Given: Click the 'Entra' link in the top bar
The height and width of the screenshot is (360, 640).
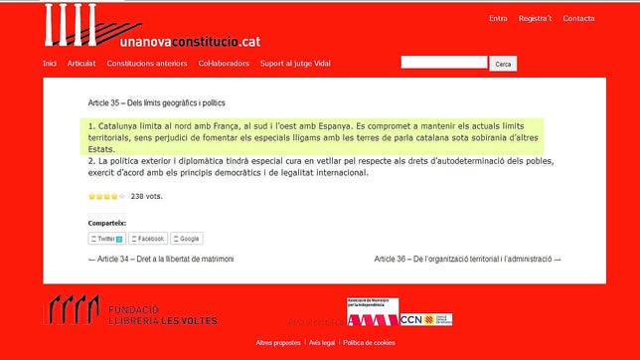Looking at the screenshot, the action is click(x=498, y=18).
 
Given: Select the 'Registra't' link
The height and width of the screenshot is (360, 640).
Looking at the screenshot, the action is click(x=535, y=18).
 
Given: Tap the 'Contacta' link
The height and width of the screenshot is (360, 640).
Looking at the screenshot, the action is click(x=578, y=18).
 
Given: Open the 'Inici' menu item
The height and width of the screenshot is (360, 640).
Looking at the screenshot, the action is click(x=50, y=64).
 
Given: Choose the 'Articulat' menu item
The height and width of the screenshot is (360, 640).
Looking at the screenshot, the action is click(x=81, y=64).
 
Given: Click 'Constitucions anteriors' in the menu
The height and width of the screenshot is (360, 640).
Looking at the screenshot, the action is click(x=147, y=64).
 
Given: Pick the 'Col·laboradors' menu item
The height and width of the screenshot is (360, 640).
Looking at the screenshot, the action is click(x=223, y=64).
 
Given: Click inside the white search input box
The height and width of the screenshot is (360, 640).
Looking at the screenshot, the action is click(x=444, y=63).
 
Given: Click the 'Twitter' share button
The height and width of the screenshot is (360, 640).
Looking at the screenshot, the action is click(x=106, y=239).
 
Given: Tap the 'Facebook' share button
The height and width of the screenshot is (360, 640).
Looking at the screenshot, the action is click(x=148, y=239).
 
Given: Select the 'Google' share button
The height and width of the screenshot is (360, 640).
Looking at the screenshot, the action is click(x=187, y=239).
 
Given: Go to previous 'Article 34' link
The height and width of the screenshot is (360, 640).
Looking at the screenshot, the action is click(x=161, y=259).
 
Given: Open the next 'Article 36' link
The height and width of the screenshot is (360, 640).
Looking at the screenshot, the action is click(x=467, y=259).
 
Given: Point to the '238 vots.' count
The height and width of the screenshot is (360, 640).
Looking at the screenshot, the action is click(x=147, y=196).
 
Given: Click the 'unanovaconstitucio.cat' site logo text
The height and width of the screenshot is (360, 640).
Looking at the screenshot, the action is click(x=190, y=43).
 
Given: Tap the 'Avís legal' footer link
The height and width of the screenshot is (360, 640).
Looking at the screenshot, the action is click(x=321, y=342).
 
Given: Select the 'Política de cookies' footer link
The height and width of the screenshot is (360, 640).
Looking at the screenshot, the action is click(x=369, y=342).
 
